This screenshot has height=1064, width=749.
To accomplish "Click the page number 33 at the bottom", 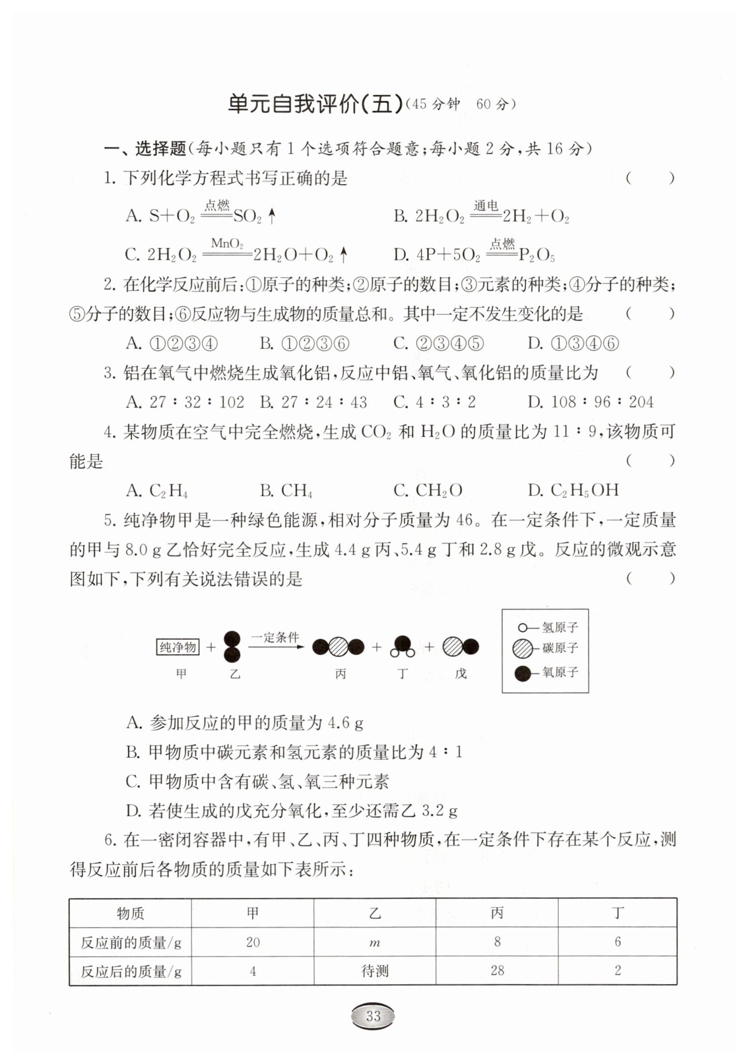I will (373, 1016).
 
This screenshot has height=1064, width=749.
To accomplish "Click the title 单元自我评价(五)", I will (315, 104).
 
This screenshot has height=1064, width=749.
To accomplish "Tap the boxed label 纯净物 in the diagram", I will (178, 647).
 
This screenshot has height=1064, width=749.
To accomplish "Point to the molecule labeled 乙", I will (232, 647).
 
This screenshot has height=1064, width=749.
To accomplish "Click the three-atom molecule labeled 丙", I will (338, 647).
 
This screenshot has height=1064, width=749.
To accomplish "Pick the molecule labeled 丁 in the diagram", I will (403, 646).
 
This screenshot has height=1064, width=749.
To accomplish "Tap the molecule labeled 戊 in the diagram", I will (460, 647).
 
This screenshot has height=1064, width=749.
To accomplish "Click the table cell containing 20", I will (252, 942).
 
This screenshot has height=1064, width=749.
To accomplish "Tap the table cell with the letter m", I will (374, 943).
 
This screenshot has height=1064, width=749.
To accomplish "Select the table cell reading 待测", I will (374, 971).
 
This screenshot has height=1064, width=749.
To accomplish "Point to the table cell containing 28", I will (497, 970).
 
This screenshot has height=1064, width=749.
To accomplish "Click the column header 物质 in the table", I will (130, 913).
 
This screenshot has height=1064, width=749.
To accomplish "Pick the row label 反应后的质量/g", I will (131, 971).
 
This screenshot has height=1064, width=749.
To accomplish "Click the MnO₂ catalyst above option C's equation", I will (227, 244).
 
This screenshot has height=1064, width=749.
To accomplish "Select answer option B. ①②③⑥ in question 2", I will (305, 344).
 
